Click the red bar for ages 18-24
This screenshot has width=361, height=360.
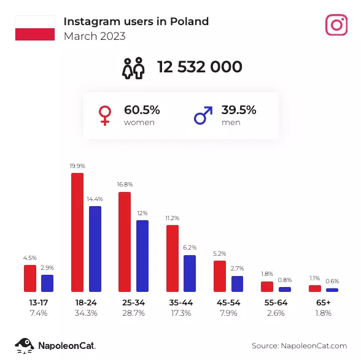pos(77,232)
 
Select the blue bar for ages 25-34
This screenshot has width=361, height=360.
pos(142,256)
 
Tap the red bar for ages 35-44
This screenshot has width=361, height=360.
pos(173,258)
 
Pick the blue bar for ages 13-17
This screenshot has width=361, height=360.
pos(47,283)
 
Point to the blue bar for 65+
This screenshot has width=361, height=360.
pos(332,290)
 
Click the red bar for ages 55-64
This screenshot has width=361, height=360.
pos(267,286)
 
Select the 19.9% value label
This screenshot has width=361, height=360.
pos(77,166)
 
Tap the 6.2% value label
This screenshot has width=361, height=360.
pos(190,248)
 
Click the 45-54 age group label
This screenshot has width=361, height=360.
pos(228,302)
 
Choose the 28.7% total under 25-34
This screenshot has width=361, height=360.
pos(134,313)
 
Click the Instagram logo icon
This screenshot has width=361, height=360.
pos(336,25)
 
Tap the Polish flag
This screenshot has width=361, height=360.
pos(35,28)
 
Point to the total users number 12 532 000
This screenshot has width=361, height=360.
pos(200,67)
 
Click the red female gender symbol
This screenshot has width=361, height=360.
pos(105,115)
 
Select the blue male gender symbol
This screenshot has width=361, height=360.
pos(203,115)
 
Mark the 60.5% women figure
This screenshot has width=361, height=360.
pos(142,110)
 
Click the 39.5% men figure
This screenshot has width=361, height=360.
pos(239,110)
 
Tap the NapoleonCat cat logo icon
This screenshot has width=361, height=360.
pos(25,345)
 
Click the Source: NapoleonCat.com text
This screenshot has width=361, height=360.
pos(300,346)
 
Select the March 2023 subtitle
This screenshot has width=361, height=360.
pos(95,36)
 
